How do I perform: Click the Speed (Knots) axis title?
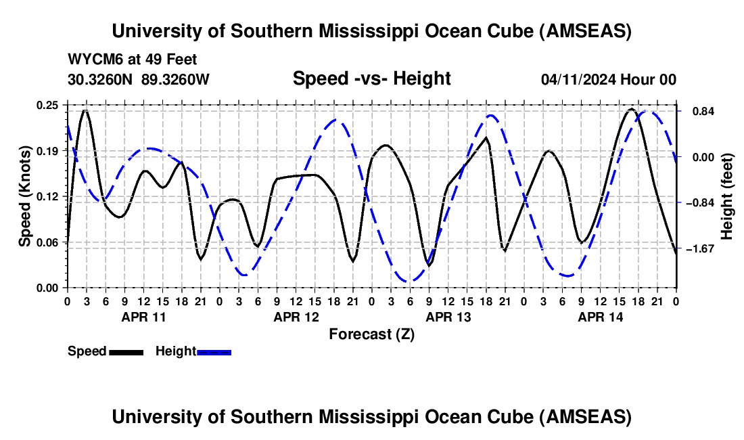[x=25, y=196]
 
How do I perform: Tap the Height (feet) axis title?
[x=728, y=196]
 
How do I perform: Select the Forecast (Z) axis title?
[x=371, y=334]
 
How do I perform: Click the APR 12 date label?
[x=296, y=317]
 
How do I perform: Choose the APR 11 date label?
[x=143, y=317]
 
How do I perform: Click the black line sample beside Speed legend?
[x=126, y=352]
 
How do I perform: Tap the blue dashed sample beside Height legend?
[x=214, y=352]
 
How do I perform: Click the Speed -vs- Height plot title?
[x=371, y=79]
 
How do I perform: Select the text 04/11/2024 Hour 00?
[x=608, y=80]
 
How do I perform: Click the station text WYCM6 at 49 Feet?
[x=133, y=60]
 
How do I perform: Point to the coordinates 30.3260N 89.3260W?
[x=138, y=80]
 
